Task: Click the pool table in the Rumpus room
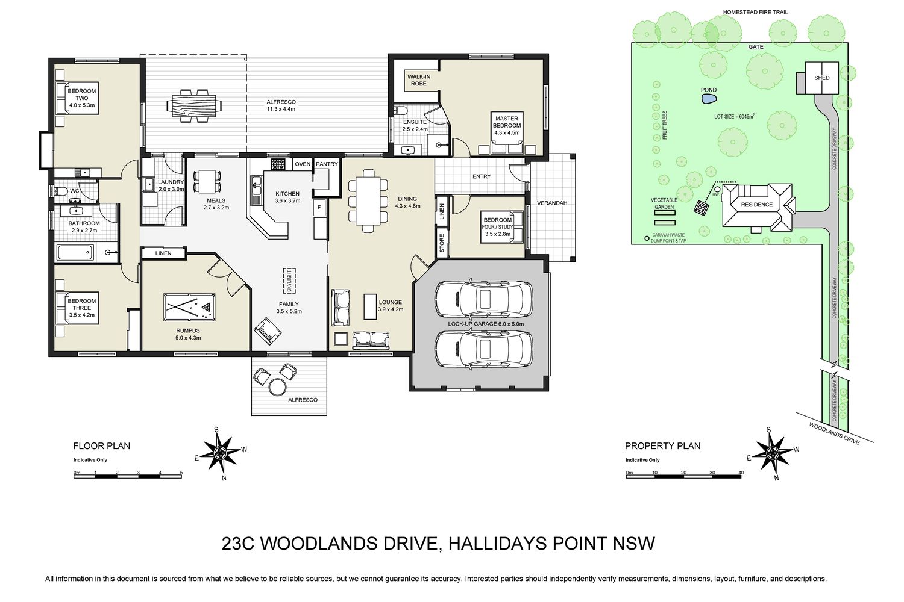click(189, 307)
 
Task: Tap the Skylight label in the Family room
click(289, 281)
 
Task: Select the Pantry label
click(327, 164)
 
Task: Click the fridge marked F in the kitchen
click(319, 208)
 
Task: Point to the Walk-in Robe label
click(418, 80)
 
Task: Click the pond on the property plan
click(709, 99)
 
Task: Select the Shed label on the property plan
click(821, 78)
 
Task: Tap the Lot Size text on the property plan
click(734, 117)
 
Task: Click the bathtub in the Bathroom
click(75, 253)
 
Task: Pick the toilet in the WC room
click(60, 191)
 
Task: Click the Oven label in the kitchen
click(303, 164)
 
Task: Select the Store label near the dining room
click(442, 244)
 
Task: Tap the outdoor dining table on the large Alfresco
click(194, 106)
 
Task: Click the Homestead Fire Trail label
click(756, 13)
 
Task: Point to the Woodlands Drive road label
click(834, 434)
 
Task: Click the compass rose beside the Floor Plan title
click(221, 453)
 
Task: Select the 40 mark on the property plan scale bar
click(741, 473)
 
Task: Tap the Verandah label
click(551, 203)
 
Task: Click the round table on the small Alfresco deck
click(278, 388)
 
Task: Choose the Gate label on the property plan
click(756, 47)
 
